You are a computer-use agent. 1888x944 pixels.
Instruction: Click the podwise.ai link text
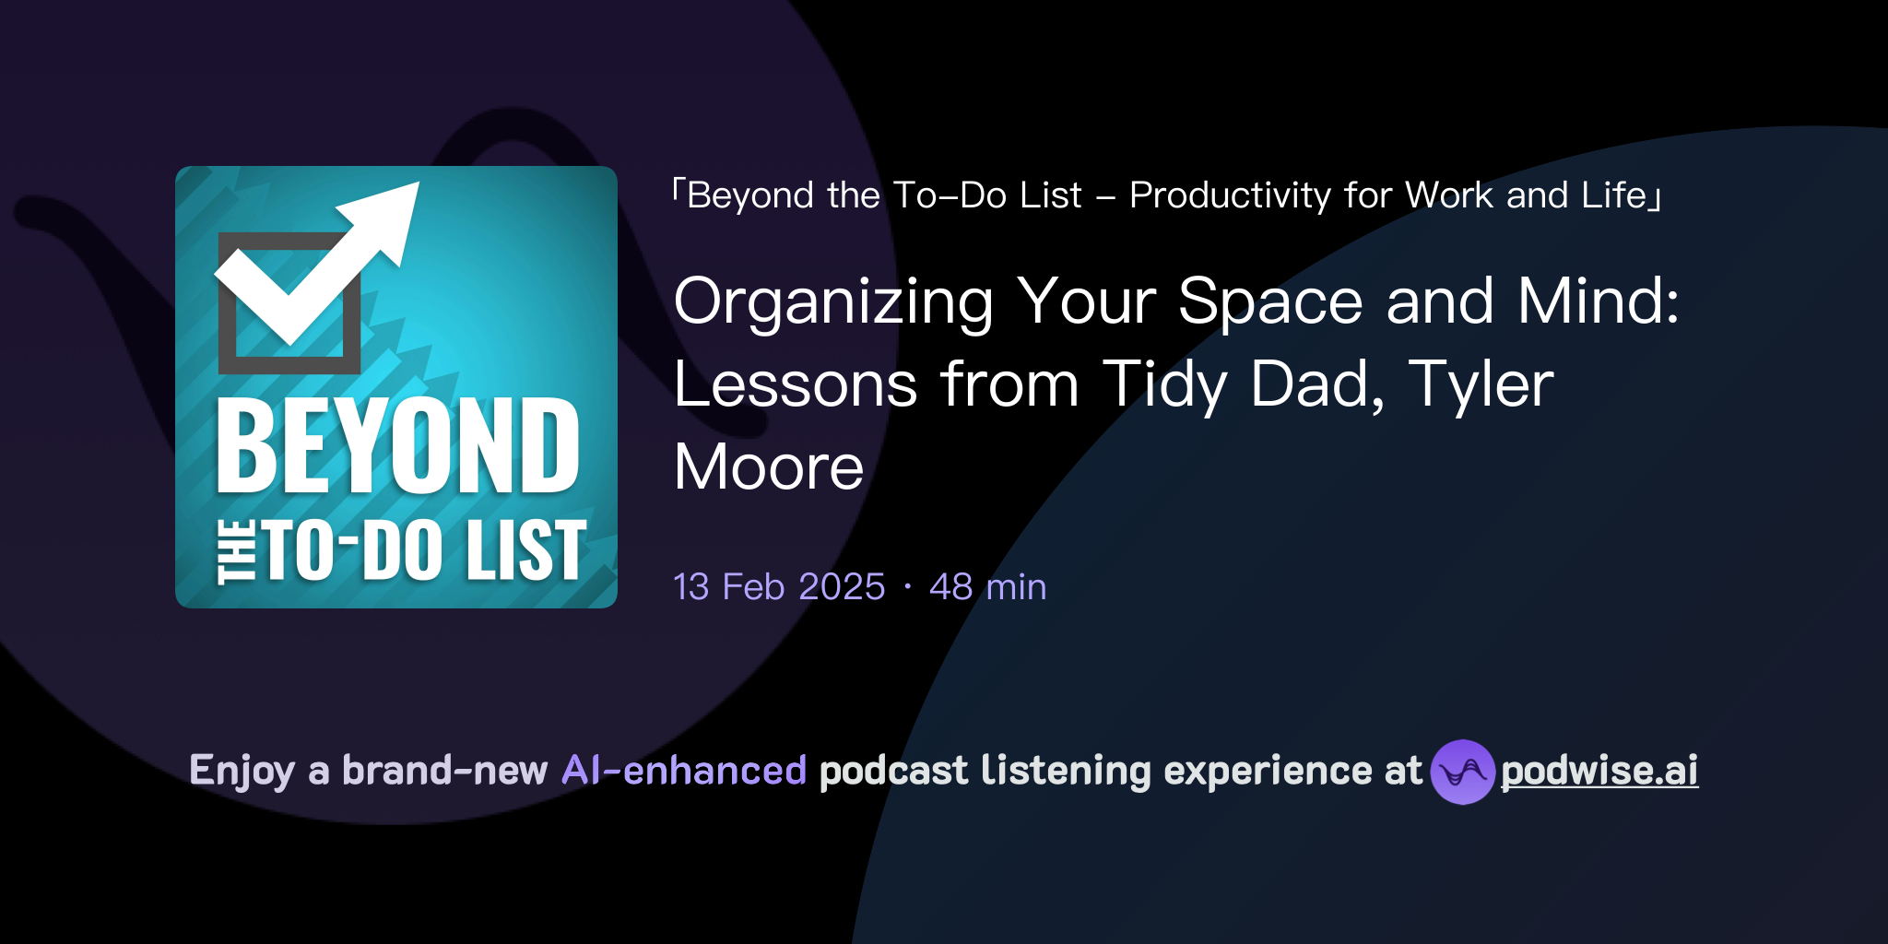(1599, 771)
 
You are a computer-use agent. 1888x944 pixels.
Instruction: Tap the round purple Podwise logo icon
(1462, 772)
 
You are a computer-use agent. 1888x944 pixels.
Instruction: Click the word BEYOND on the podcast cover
(398, 447)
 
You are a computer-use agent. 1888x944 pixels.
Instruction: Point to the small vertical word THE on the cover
(236, 552)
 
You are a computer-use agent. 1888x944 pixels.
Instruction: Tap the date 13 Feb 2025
(779, 587)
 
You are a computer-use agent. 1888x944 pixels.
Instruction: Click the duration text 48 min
(987, 587)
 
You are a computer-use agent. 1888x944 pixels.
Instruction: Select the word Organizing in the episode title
(834, 302)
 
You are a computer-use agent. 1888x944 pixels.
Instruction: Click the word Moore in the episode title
(769, 467)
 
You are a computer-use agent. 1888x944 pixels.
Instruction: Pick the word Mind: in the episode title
(1599, 301)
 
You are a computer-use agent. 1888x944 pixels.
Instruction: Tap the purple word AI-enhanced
(684, 771)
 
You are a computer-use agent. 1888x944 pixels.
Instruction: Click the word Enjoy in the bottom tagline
(242, 771)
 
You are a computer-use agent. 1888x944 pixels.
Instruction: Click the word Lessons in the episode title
(796, 384)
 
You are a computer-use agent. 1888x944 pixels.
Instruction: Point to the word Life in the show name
(1613, 195)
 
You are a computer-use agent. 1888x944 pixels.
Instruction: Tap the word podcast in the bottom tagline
(893, 771)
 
